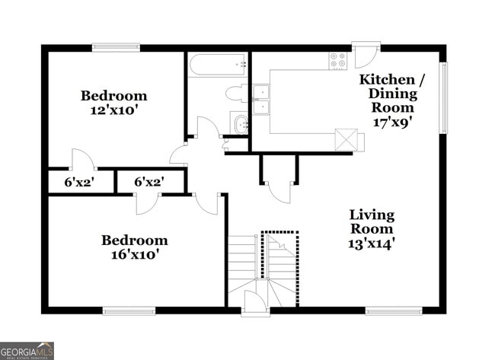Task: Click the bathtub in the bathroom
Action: tap(218, 65)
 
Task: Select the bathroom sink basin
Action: tap(241, 123)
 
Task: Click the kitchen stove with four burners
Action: tap(337, 59)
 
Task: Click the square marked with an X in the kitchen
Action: tap(344, 139)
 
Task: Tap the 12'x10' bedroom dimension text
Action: tap(114, 110)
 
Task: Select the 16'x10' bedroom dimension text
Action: tap(134, 255)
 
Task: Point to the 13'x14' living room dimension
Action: tap(371, 244)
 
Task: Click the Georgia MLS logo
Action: tap(27, 350)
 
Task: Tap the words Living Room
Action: tap(371, 221)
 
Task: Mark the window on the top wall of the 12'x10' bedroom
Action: tap(116, 47)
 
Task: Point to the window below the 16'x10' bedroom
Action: tap(127, 310)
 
